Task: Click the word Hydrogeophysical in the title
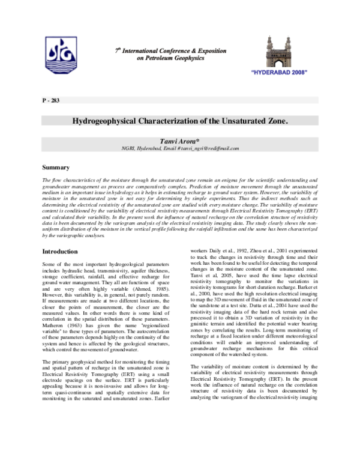pos(109,121)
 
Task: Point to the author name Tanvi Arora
pos(180,141)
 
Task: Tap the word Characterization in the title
pos(170,121)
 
